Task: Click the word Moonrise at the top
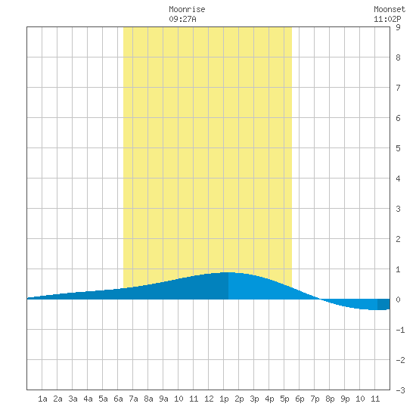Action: [x=187, y=9]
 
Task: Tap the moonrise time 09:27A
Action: [x=182, y=19]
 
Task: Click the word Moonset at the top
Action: [x=390, y=9]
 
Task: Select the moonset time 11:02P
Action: [x=387, y=19]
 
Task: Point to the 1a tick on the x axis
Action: [x=42, y=399]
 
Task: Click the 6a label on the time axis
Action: [x=118, y=399]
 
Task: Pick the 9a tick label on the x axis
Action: [x=163, y=399]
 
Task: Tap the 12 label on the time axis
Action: [x=209, y=399]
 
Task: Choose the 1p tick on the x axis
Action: [x=224, y=399]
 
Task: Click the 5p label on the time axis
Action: [x=284, y=399]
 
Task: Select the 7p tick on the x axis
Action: [x=315, y=399]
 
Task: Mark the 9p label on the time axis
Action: [x=345, y=399]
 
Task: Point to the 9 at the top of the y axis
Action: [x=398, y=27]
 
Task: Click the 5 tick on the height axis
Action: [x=398, y=148]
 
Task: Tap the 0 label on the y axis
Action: [x=398, y=300]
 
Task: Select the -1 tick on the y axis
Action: [x=400, y=330]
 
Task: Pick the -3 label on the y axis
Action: [x=400, y=390]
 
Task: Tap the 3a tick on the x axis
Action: [x=73, y=399]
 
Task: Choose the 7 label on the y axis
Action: [x=398, y=88]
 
